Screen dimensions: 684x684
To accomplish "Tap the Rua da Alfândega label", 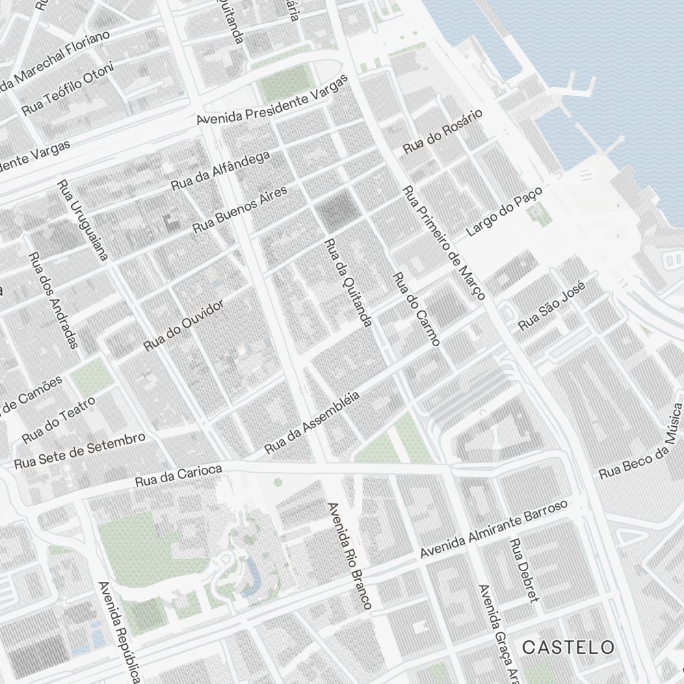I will click(x=220, y=171).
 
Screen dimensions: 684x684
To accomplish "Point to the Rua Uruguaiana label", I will click(x=83, y=220).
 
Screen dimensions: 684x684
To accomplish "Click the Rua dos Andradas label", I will click(x=54, y=300).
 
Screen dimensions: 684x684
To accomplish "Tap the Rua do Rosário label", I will click(x=443, y=131).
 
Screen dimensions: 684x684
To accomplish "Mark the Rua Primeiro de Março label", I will click(x=444, y=243).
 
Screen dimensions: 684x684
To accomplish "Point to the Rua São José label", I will click(x=552, y=308).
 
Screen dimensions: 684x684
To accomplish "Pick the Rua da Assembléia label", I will click(x=312, y=423).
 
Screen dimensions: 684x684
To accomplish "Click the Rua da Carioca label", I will click(x=179, y=475).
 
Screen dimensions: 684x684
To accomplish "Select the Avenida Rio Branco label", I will click(x=350, y=555).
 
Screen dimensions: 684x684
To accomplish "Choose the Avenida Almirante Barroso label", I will click(x=494, y=528).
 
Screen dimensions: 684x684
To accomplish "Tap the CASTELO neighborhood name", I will click(x=568, y=646).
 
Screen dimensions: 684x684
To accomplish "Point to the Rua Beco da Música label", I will click(x=642, y=441).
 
